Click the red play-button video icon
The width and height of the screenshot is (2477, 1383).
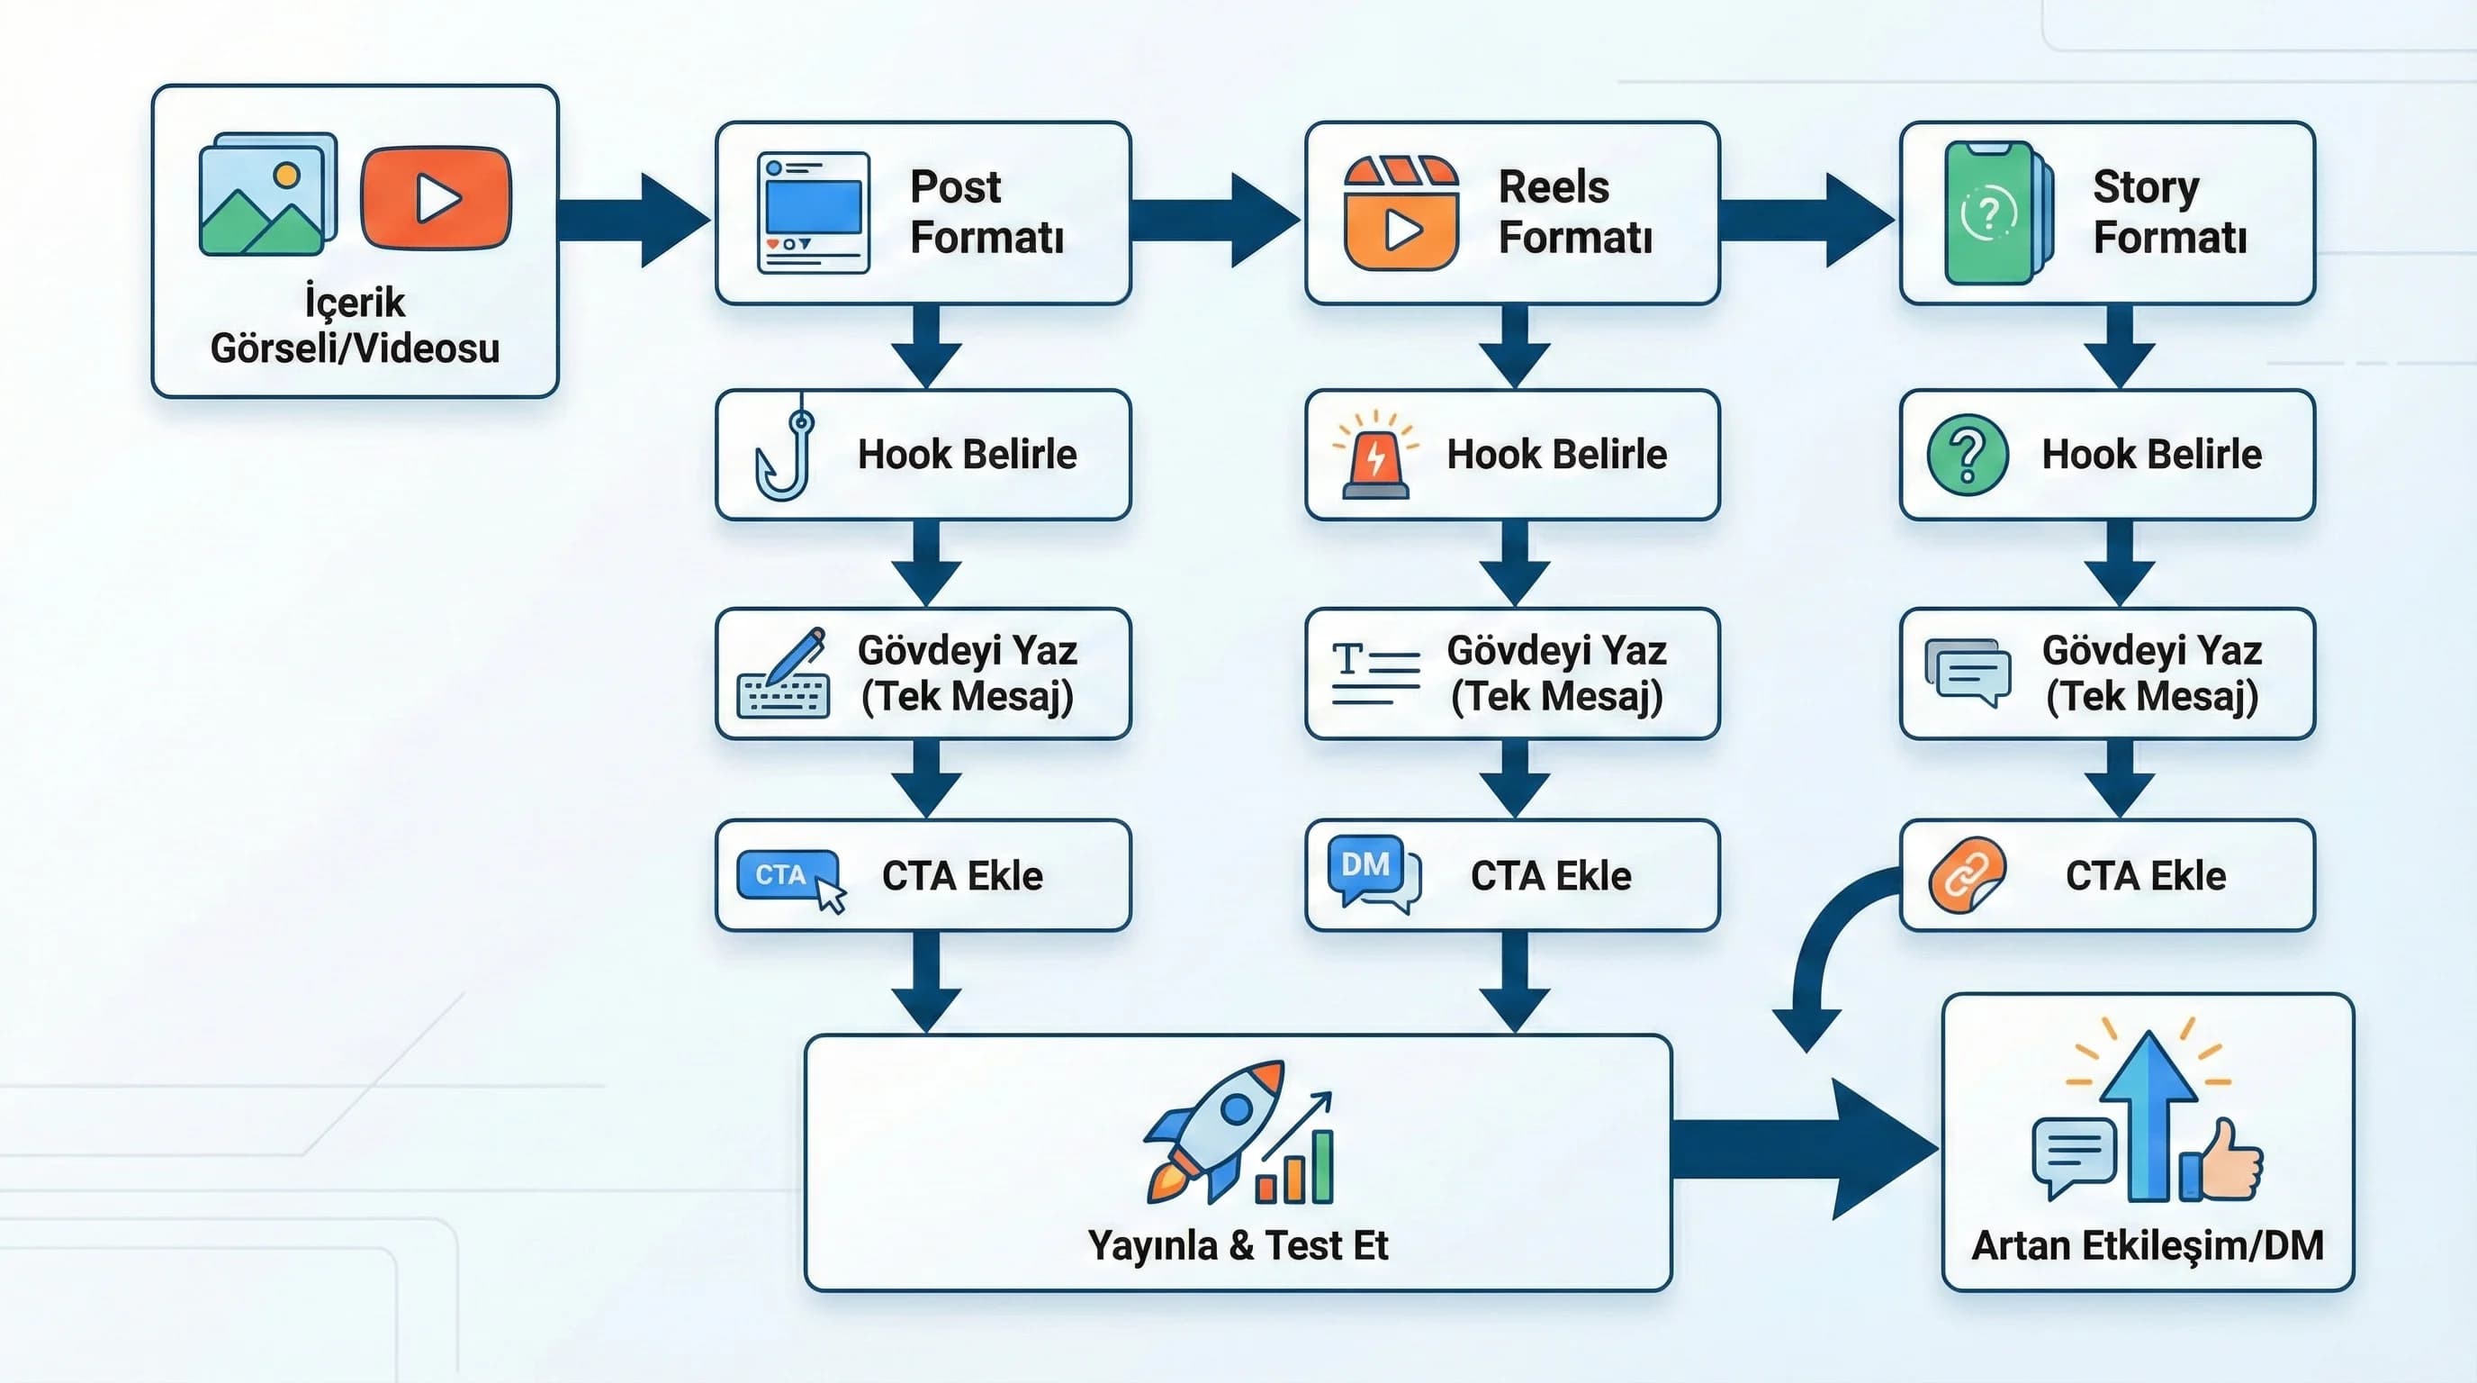point(436,198)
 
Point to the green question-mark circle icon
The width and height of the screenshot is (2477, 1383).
point(1968,455)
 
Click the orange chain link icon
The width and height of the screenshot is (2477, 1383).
point(1967,876)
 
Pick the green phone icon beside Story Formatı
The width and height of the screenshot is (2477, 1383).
point(1995,212)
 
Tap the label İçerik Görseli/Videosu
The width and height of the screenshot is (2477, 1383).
point(355,325)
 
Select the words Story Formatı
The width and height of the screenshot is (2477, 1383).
point(2169,212)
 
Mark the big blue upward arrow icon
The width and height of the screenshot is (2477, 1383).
point(2148,1116)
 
